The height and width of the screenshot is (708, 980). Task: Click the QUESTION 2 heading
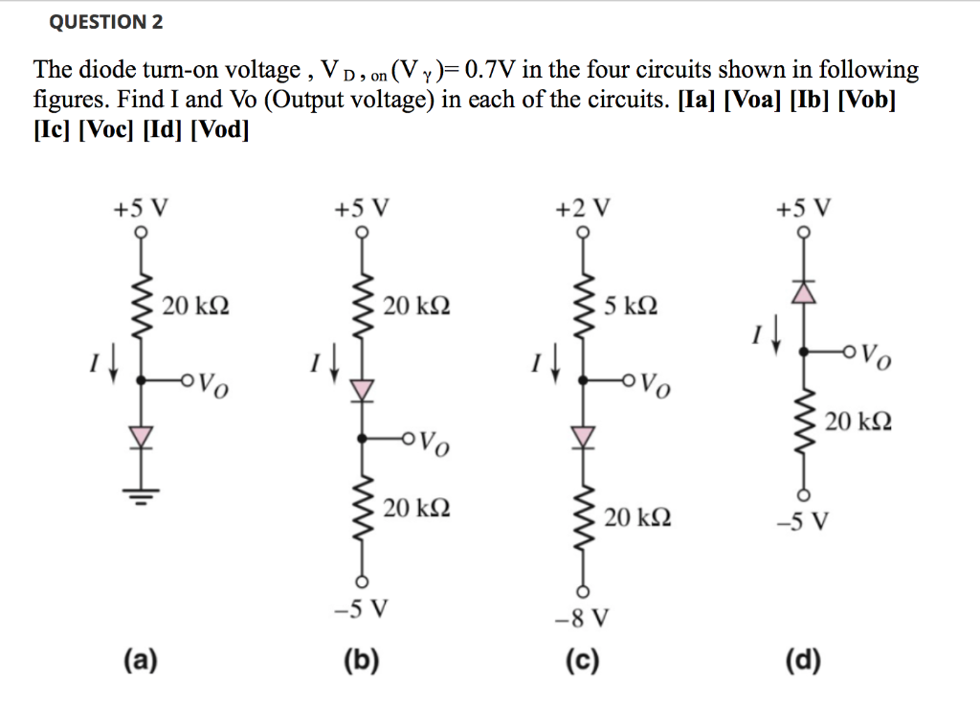pos(106,21)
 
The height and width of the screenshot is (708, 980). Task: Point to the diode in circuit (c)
pos(582,436)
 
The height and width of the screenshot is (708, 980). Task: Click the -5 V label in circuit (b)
pos(362,607)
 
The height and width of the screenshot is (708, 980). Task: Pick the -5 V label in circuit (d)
pos(802,522)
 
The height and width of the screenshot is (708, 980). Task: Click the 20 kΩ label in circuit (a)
pos(195,307)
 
